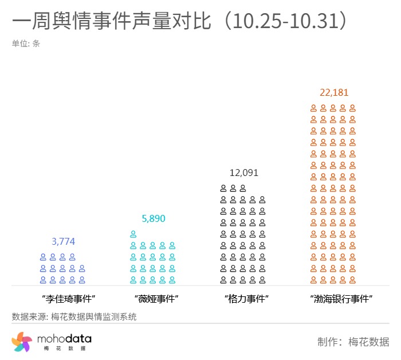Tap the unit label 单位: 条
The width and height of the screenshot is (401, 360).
26,43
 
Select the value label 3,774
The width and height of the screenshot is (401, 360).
63,241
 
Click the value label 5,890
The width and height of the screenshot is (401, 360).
153,218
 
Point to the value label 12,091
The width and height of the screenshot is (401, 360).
244,173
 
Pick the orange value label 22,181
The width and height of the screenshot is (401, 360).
334,92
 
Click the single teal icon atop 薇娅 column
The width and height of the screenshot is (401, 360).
133,234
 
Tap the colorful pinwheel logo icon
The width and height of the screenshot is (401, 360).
22,342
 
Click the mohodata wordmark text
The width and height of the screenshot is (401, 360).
64,339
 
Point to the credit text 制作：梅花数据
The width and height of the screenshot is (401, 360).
353,342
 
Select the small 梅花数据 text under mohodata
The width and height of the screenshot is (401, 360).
64,349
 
